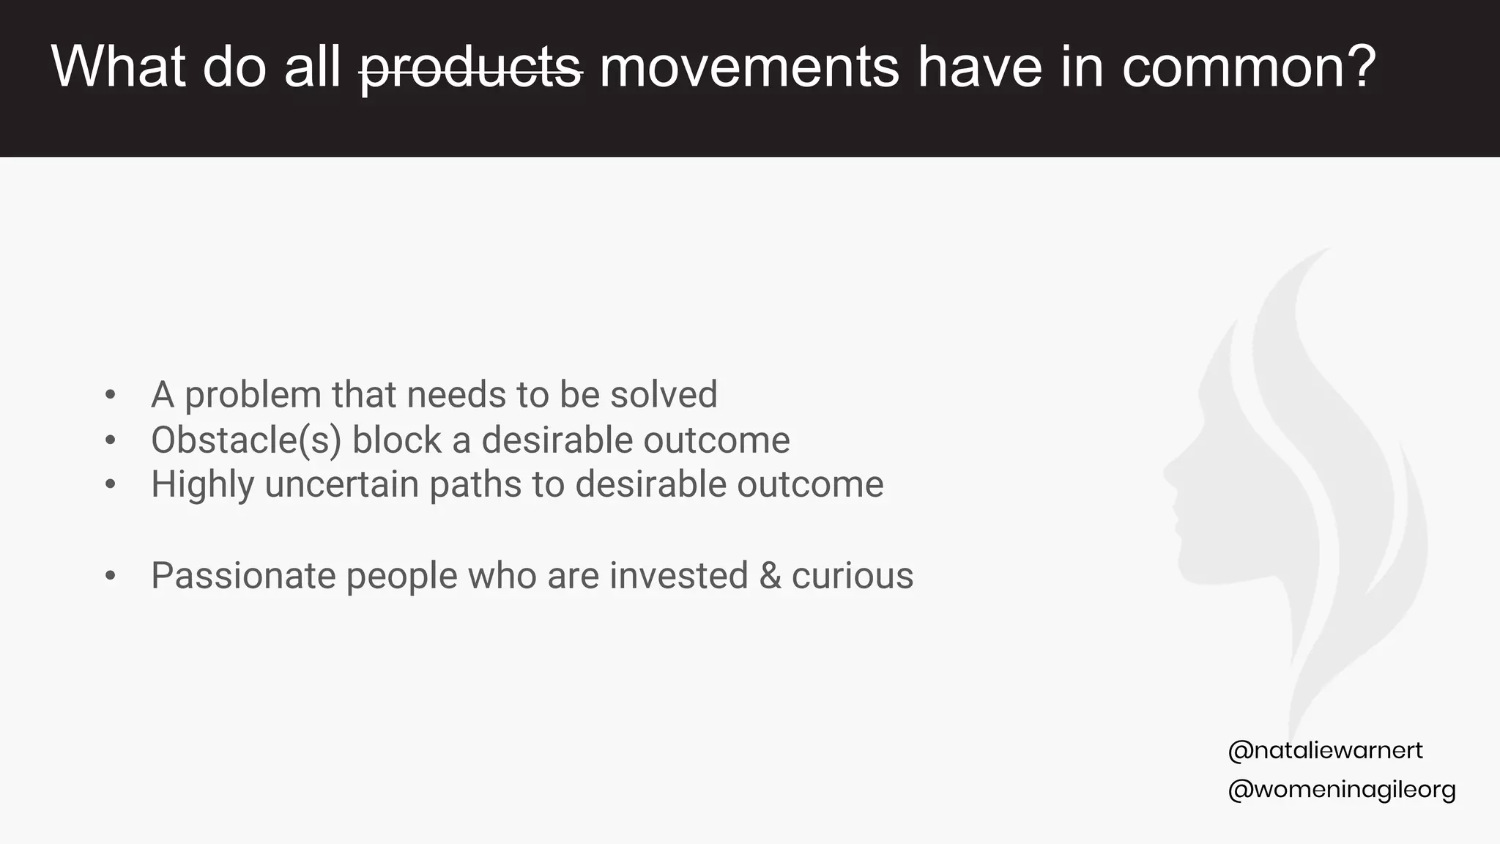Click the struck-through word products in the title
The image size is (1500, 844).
[x=471, y=67]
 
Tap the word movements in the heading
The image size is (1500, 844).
[x=749, y=67]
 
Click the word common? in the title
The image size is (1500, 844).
[x=1249, y=67]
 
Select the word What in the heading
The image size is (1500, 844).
[x=117, y=67]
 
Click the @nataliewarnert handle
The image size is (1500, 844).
[x=1325, y=750]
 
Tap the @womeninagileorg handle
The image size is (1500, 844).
[x=1341, y=790]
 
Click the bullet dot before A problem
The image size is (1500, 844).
[x=111, y=395]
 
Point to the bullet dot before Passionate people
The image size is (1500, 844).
[x=111, y=576]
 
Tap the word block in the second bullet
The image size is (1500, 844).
[x=396, y=440]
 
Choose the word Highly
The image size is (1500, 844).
[x=202, y=485]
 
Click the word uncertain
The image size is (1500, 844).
[x=341, y=484]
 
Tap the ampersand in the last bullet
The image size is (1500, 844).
[x=770, y=576]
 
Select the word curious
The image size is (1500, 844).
[x=853, y=576]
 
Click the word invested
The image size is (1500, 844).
[x=678, y=576]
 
